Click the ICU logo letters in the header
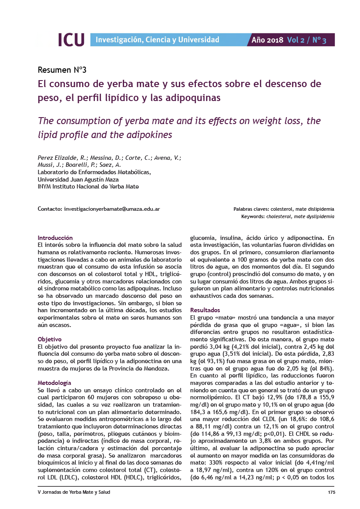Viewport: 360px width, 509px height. (71, 40)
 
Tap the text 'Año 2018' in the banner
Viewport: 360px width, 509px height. (268, 40)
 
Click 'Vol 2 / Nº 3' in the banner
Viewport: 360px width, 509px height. (306, 40)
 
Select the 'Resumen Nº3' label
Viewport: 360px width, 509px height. (62, 70)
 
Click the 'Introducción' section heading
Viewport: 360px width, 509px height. (55, 238)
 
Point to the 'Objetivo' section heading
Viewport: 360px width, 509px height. (50, 339)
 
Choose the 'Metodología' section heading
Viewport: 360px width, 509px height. (54, 383)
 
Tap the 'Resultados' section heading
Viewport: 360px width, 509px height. (205, 310)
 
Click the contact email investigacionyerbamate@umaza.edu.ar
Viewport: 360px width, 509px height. (112, 209)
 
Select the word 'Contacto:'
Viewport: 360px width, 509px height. (50, 209)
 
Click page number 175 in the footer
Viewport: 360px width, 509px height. (331, 492)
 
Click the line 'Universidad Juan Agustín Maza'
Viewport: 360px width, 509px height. (78, 179)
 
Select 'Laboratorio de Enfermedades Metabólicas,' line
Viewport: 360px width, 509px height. (94, 172)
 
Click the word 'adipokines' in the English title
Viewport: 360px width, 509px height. (150, 135)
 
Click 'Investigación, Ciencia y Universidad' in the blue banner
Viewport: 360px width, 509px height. (157, 40)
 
